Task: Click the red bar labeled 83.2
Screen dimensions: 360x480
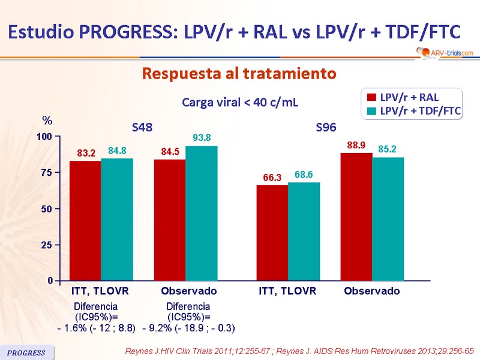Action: (x=85, y=221)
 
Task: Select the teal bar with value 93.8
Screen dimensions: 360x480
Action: (x=202, y=213)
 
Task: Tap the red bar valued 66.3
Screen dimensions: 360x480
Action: (x=272, y=233)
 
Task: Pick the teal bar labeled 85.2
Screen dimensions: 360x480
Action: (x=388, y=219)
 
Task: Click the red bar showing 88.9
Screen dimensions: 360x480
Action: (x=356, y=217)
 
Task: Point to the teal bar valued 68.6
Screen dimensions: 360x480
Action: (x=304, y=232)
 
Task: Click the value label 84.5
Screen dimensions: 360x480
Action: (x=170, y=152)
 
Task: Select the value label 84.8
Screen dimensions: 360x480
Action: (x=117, y=151)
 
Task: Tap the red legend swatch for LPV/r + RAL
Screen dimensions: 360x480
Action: (x=371, y=97)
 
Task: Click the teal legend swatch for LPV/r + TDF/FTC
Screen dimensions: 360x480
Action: (x=371, y=110)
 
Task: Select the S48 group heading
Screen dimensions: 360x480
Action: (x=142, y=128)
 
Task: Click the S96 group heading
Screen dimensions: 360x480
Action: (x=326, y=128)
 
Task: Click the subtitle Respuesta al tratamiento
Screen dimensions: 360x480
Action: (x=238, y=74)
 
